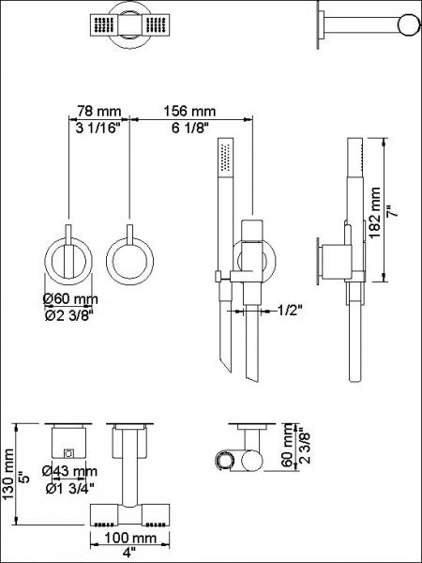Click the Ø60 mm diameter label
click(71, 299)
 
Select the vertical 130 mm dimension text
click(10, 477)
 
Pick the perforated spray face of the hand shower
click(223, 160)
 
